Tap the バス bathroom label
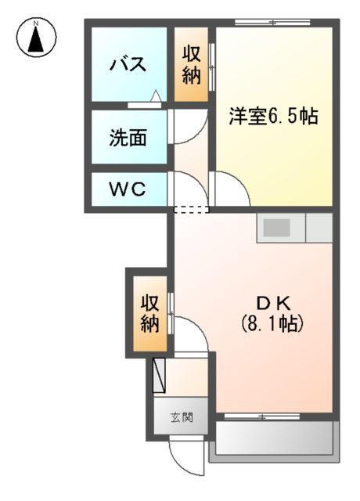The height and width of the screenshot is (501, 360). pos(128,64)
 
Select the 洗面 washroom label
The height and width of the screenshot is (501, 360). pos(128,138)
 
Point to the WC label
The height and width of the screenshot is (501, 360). pos(127,189)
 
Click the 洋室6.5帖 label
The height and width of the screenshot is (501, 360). pos(273,117)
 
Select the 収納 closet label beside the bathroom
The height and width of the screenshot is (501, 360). pos(192,65)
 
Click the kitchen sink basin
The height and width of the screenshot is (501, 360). pos(275,228)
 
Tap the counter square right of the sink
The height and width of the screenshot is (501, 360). pos(319,228)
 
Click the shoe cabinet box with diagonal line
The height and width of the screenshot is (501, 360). pos(160,375)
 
